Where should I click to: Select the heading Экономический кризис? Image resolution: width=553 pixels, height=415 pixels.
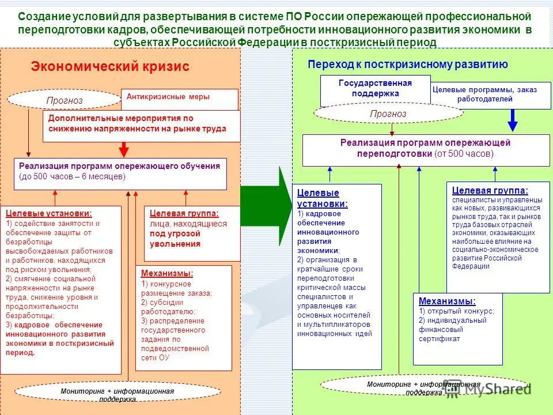pos(110,67)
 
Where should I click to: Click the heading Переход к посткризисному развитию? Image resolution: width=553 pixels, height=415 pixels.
pos(408,65)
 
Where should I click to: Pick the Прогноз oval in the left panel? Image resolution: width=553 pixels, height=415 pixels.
pos(65,101)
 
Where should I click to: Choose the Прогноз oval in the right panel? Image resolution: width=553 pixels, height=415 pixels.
pos(388,114)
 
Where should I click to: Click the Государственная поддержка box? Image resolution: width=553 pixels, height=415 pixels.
pos(375,88)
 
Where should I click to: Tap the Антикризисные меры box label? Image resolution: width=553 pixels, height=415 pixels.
pos(168,97)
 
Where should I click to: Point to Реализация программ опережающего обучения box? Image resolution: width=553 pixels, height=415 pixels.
pos(120,171)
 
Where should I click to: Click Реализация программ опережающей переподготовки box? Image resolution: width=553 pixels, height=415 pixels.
pos(425,149)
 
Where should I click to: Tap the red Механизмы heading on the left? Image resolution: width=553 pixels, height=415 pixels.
pos(167,274)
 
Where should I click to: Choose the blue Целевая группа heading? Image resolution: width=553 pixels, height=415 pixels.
pos(490,190)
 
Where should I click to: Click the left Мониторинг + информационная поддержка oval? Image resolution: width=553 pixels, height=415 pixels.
pos(117,394)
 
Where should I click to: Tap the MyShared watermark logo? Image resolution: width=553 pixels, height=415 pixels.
pos(490,388)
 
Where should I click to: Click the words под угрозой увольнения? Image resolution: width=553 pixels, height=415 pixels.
pos(175,239)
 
